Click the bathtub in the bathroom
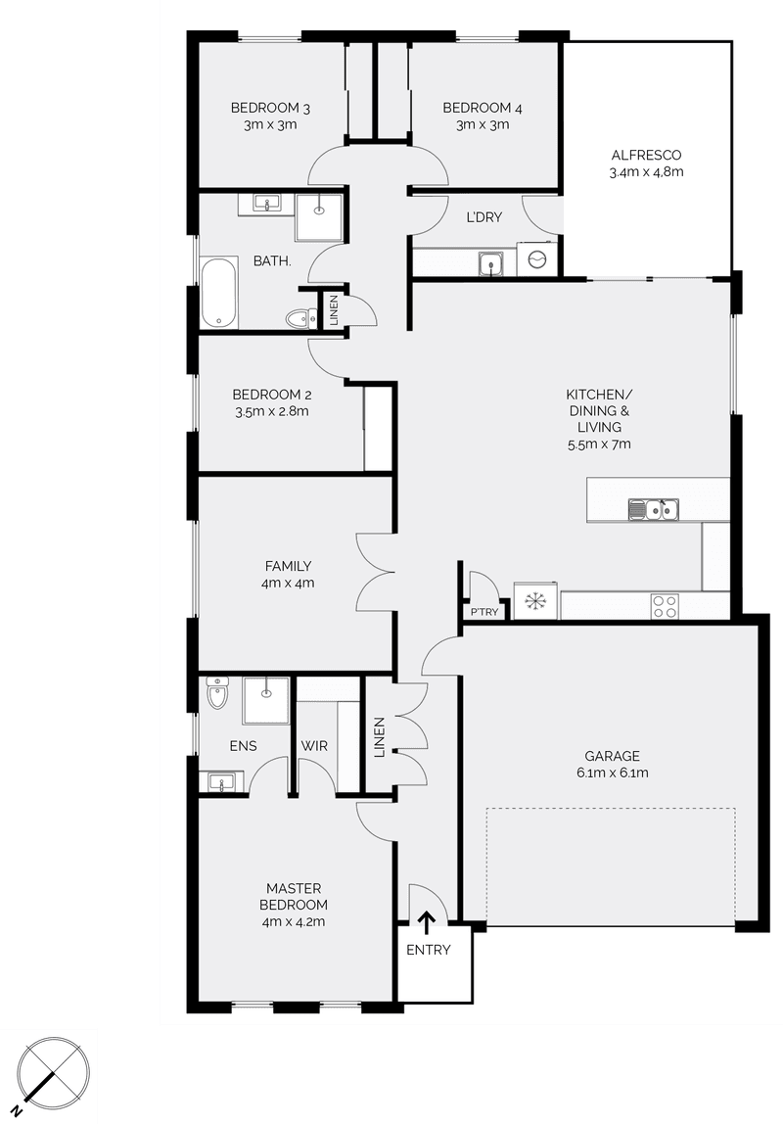[x=218, y=293]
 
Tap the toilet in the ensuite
[x=218, y=694]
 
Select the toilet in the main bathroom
[x=299, y=318]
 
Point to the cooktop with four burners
[x=666, y=607]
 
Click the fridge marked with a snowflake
[x=535, y=601]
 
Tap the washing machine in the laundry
[x=537, y=259]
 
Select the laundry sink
[x=490, y=262]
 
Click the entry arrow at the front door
[x=427, y=920]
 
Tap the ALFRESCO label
[x=646, y=155]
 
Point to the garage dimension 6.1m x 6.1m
[x=613, y=773]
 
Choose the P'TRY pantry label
[x=484, y=612]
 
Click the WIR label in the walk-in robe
[x=314, y=746]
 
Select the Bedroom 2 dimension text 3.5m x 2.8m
[x=272, y=411]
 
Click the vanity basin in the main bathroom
[x=265, y=204]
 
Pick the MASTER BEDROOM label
[x=294, y=896]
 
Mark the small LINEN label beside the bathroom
[x=334, y=310]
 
